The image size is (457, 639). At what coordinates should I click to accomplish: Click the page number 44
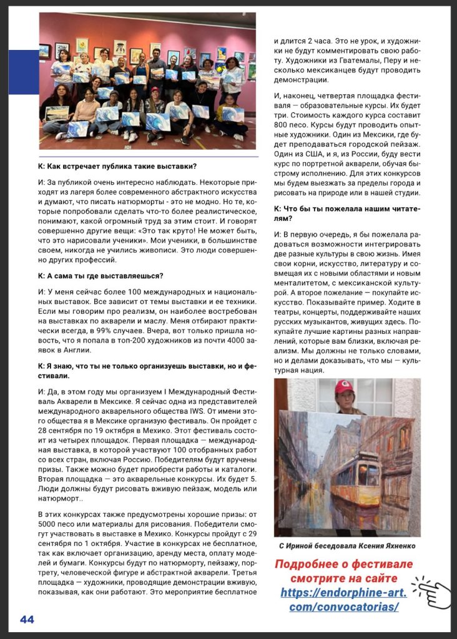[x=27, y=619]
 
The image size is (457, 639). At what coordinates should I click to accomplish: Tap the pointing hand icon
[x=434, y=593]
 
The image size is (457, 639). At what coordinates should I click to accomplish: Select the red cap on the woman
[x=344, y=387]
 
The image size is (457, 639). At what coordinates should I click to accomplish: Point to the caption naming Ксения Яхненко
[x=346, y=546]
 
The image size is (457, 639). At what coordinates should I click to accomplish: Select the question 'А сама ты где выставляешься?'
[x=100, y=275]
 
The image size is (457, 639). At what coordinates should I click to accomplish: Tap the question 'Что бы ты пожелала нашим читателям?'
[x=346, y=212]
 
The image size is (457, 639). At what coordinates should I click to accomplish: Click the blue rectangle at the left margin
[x=23, y=72]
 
